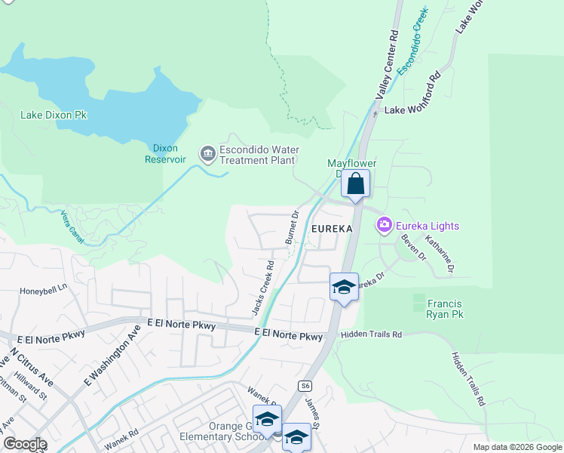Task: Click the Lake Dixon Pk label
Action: [54, 116]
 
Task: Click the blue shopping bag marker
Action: [354, 183]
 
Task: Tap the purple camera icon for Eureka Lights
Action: [384, 225]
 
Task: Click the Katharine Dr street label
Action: [440, 253]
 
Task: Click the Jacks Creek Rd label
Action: [262, 288]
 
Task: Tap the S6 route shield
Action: [305, 385]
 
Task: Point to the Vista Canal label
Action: [75, 225]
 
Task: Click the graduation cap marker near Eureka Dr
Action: [344, 287]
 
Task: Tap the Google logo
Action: [25, 444]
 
